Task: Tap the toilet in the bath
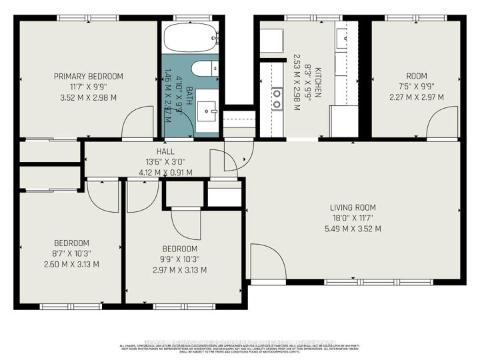202,69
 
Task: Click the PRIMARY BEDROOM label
89,77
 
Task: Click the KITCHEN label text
318,82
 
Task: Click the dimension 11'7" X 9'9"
89,87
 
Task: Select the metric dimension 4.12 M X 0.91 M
165,173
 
